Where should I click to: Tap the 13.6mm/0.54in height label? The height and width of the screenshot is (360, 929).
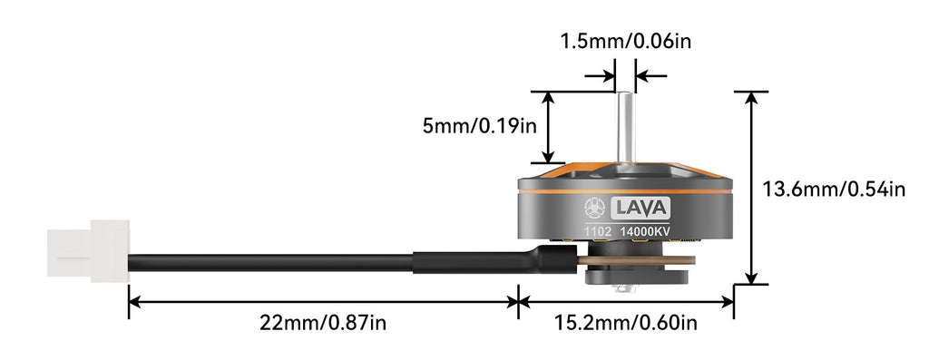(x=834, y=190)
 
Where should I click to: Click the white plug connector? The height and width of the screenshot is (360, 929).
(x=87, y=253)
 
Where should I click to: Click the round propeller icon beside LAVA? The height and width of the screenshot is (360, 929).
(x=594, y=208)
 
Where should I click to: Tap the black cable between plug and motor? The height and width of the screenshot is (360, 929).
(x=272, y=262)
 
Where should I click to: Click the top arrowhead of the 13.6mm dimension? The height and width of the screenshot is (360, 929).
(x=750, y=99)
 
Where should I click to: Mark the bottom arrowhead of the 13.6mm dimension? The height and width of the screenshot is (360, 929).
(x=750, y=277)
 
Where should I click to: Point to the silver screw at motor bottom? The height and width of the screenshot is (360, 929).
(x=623, y=289)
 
